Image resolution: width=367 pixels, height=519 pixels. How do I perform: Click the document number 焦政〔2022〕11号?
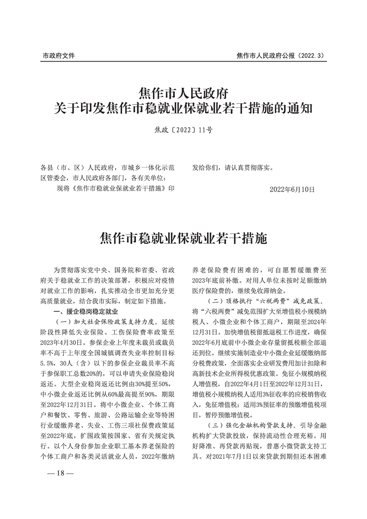pos(184,130)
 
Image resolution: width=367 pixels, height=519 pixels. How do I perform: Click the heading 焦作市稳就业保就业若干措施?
pos(184,239)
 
